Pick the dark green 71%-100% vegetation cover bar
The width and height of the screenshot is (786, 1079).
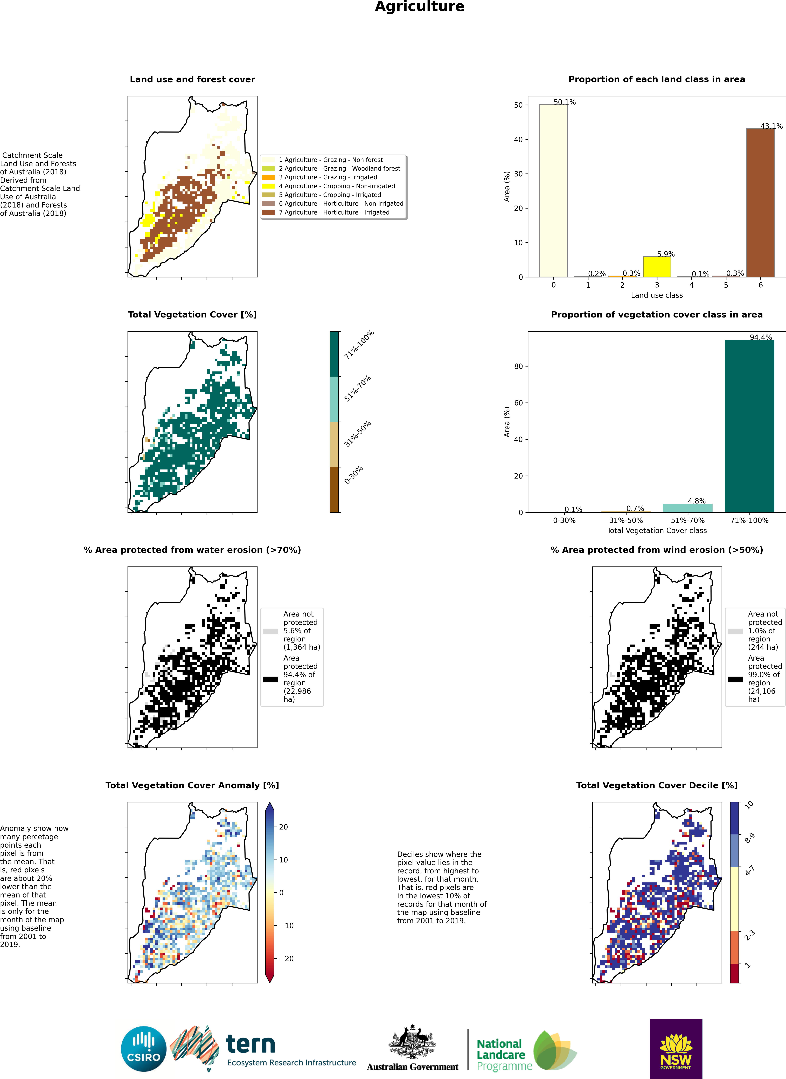click(749, 426)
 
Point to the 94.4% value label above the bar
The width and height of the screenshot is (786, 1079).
click(761, 337)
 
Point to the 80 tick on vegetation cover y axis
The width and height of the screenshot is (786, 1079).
click(518, 366)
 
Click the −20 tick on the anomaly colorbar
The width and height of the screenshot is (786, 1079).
click(286, 959)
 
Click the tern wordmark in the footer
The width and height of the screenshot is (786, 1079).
click(250, 1045)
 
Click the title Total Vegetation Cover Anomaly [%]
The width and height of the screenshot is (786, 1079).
click(192, 785)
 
